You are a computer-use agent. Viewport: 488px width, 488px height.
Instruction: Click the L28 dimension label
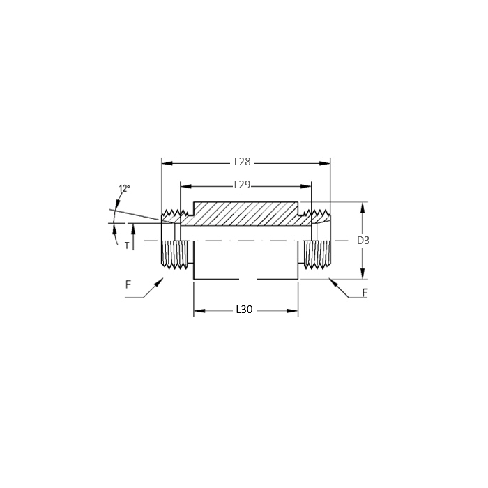243,162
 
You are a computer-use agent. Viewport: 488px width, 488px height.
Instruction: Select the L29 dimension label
242,185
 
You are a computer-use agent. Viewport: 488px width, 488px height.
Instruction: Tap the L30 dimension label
244,310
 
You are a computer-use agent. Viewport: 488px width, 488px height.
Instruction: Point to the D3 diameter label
363,241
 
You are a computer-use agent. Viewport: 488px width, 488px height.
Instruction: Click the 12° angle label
125,189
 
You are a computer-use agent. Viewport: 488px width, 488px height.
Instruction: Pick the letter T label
127,246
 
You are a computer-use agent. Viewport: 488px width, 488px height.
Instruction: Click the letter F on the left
128,284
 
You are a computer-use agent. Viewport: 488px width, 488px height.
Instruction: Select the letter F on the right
365,293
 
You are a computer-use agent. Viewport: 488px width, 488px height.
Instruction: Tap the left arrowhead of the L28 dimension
167,163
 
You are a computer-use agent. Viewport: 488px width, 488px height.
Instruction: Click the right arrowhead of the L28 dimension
325,163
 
